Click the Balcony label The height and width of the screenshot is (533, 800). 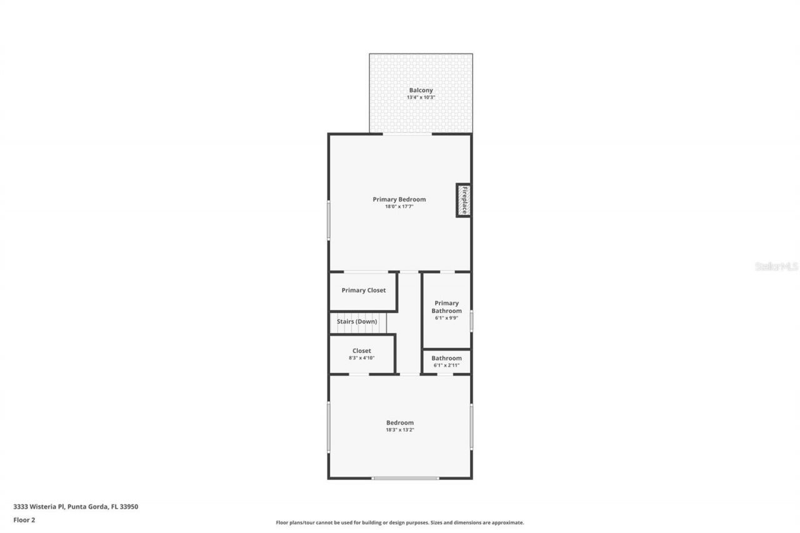coord(421,91)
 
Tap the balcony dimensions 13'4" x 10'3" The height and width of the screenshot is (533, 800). coord(421,97)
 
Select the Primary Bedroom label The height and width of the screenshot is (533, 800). coord(399,199)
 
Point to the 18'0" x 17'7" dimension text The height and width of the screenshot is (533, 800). coord(399,206)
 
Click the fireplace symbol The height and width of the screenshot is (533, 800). coord(463,200)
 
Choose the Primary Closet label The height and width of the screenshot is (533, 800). coord(363,291)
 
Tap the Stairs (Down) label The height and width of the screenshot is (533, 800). coord(357,322)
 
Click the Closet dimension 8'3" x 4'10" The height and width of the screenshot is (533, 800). coord(361,358)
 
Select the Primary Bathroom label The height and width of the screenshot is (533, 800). coord(446,307)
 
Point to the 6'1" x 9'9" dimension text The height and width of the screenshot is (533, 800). coord(446,318)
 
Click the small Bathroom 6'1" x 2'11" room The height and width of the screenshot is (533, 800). coord(446,361)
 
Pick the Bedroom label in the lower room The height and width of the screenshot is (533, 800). coord(399,423)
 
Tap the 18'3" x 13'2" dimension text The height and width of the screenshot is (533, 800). coord(399,430)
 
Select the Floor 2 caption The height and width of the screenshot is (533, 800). coord(24,519)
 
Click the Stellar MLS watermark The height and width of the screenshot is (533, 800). coord(776,266)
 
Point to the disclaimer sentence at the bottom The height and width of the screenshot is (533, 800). coord(400,522)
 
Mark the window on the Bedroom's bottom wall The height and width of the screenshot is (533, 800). coord(406,478)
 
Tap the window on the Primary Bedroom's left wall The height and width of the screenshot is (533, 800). coord(329,219)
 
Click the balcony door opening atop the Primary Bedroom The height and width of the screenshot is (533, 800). coord(407,134)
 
